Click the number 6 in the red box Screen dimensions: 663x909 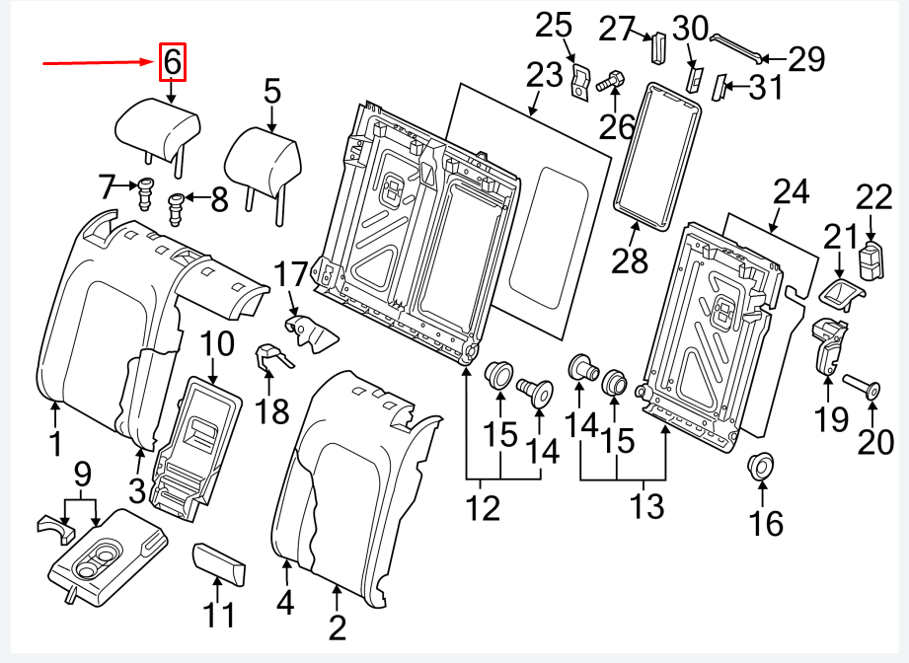[172, 63]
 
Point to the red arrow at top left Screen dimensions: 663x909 [98, 63]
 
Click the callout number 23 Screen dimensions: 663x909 [542, 76]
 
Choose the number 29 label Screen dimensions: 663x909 [805, 60]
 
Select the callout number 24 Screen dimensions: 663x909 [790, 192]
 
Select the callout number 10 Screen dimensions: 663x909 [217, 345]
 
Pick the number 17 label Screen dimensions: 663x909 [291, 272]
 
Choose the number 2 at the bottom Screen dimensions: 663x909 [337, 626]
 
